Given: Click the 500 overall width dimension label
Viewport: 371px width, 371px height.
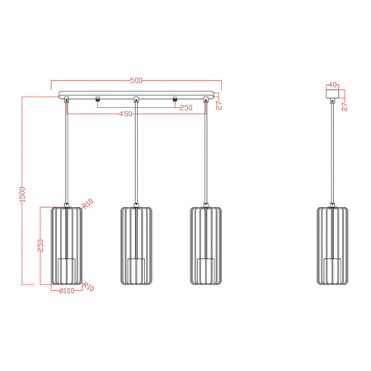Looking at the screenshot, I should point(137,81).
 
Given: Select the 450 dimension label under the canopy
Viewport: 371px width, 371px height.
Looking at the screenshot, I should point(126,114).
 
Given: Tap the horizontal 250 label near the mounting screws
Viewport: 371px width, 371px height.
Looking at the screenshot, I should point(185,108).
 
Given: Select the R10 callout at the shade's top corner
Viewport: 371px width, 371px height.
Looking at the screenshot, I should point(87,202).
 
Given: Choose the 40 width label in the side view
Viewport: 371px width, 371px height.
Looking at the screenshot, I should point(331,84).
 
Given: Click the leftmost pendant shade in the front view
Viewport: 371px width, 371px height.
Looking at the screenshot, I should point(66,245).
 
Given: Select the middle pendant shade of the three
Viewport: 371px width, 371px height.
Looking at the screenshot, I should point(136,245).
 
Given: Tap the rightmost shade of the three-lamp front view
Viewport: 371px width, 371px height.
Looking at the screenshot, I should point(205,245).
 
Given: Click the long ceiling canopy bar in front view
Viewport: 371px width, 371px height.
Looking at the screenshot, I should point(137,94).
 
